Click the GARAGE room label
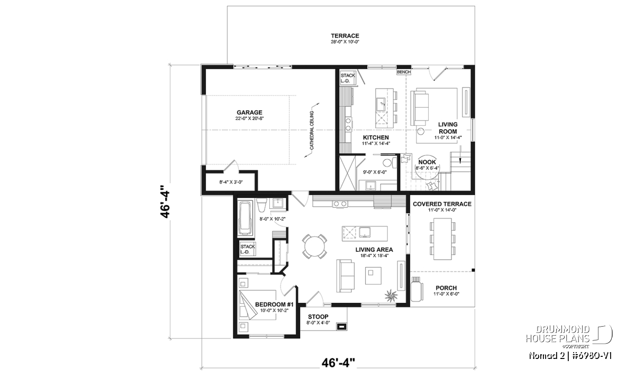pyautogui.click(x=249, y=112)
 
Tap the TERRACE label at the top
pyautogui.click(x=345, y=36)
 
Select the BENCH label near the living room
pyautogui.click(x=404, y=72)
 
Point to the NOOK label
pyautogui.click(x=427, y=162)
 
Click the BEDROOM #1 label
pyautogui.click(x=275, y=304)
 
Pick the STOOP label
pyautogui.click(x=318, y=317)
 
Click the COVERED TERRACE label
pyautogui.click(x=442, y=204)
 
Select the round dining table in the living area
pyautogui.click(x=314, y=246)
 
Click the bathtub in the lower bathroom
pyautogui.click(x=246, y=218)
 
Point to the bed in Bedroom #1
pyautogui.click(x=257, y=305)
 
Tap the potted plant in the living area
pyautogui.click(x=391, y=295)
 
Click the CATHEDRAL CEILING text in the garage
pyautogui.click(x=312, y=130)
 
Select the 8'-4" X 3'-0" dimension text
pyautogui.click(x=231, y=182)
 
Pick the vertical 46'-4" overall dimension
pyautogui.click(x=165, y=202)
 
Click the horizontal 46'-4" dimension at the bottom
pyautogui.click(x=338, y=363)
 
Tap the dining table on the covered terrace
pyautogui.click(x=442, y=239)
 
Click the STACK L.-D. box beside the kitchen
pyautogui.click(x=348, y=78)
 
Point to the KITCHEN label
pyautogui.click(x=376, y=137)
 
